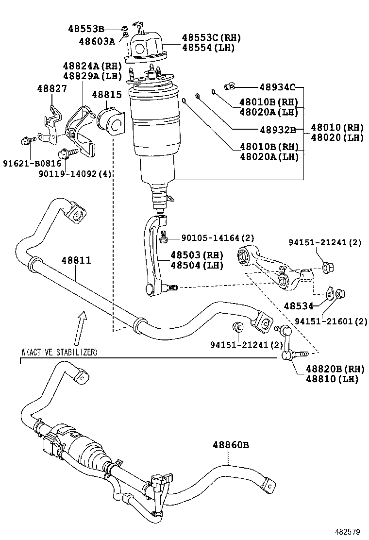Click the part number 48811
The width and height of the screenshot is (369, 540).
pos(76,260)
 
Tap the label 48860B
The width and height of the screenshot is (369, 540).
pos(231,444)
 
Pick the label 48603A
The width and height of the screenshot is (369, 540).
pos(97,41)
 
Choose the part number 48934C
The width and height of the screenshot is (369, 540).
pos(277,87)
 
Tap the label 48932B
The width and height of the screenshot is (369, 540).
pos(277,130)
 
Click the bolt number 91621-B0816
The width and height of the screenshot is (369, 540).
pos(29,164)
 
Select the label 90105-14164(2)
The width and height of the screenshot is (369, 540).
pos(218,238)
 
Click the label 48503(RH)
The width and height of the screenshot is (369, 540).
pos(196,255)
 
